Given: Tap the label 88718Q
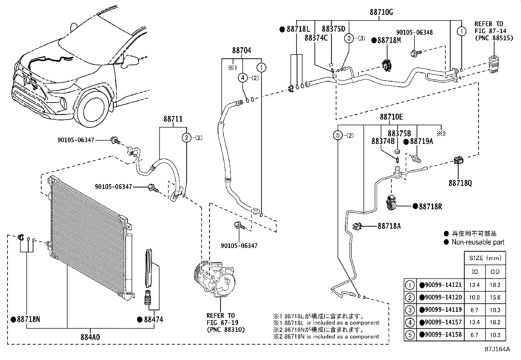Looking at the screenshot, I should (x=460, y=183).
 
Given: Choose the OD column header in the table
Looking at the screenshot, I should (x=495, y=272).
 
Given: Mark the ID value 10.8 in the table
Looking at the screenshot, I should (x=474, y=297).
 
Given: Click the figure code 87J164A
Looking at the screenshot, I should (x=497, y=349).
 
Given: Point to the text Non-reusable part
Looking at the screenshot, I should (x=478, y=242).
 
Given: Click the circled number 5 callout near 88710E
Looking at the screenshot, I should (x=337, y=135).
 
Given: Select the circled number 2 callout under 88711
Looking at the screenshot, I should (x=187, y=138).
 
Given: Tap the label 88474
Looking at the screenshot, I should (x=153, y=319).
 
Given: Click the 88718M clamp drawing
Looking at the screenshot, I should (x=387, y=65).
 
